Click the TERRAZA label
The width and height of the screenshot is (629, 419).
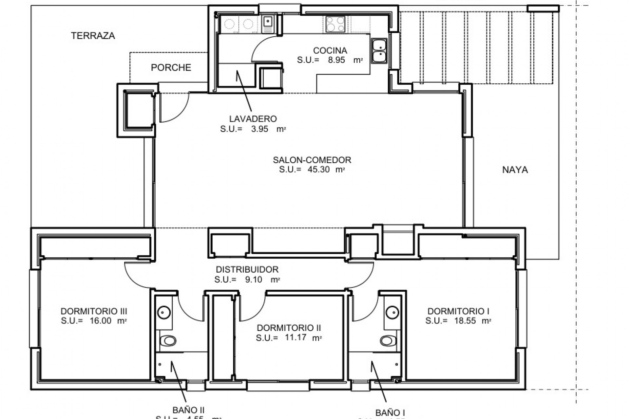(x=93, y=36)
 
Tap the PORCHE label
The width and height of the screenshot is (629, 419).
(x=171, y=67)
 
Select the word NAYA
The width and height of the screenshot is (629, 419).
(x=515, y=170)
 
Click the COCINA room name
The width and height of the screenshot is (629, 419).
(x=330, y=50)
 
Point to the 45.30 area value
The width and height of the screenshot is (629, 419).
(x=318, y=170)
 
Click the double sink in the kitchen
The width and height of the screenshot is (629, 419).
(x=379, y=51)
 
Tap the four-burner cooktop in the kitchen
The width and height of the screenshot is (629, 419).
(x=335, y=24)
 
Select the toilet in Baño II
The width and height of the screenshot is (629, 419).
(x=169, y=341)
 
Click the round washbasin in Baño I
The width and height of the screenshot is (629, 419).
(x=391, y=312)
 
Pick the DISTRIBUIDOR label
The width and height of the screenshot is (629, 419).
(x=247, y=269)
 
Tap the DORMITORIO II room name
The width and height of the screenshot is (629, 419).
(x=289, y=328)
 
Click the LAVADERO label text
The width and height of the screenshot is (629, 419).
(x=253, y=119)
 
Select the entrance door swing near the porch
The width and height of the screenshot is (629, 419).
(x=174, y=110)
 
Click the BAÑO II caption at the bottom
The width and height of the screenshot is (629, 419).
(x=188, y=410)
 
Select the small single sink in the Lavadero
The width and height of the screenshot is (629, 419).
(x=268, y=24)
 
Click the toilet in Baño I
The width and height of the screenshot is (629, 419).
(x=388, y=341)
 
